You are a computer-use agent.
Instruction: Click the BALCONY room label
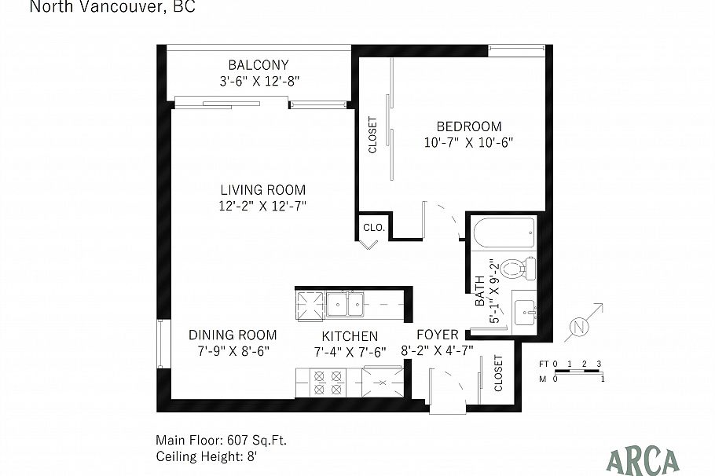(258, 64)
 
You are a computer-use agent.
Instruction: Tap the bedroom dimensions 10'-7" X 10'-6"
(469, 143)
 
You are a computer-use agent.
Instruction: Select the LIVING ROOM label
(262, 190)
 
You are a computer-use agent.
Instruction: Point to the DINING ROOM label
(233, 335)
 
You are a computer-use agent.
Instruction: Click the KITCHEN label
(346, 335)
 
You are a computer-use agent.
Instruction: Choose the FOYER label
(437, 335)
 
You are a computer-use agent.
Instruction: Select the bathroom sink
(525, 313)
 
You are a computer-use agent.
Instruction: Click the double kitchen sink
(345, 304)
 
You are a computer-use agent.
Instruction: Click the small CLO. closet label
(373, 227)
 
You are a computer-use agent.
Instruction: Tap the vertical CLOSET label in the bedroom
(372, 135)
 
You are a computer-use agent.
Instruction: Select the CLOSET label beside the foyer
(498, 373)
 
